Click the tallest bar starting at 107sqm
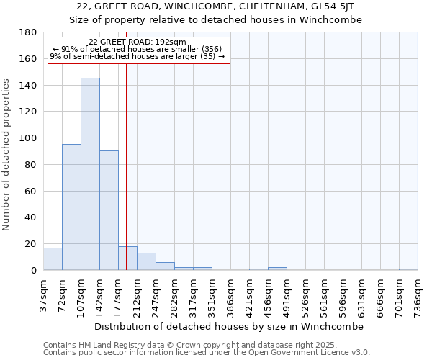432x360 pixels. tap(90, 174)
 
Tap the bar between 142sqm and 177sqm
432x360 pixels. tap(109, 210)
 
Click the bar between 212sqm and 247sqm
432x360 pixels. tap(146, 261)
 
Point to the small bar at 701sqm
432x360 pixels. tap(408, 269)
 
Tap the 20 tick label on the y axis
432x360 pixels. tap(32, 244)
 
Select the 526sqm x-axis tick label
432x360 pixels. tap(306, 295)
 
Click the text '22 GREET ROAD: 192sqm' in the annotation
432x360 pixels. tap(138, 42)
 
